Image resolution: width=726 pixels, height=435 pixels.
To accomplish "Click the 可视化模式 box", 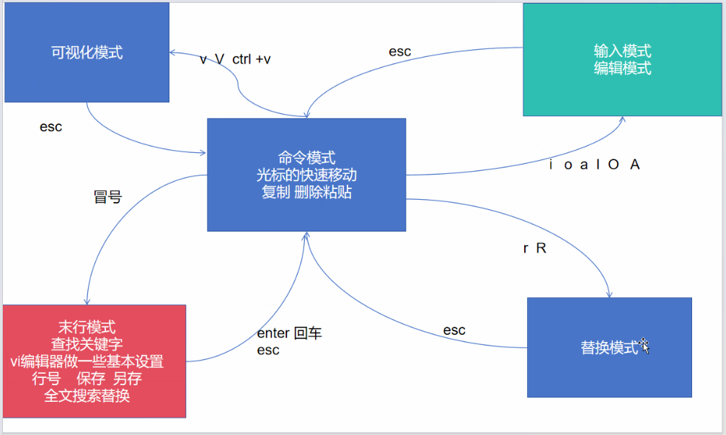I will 87,53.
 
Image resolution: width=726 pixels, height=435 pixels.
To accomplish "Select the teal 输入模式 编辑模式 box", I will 622,59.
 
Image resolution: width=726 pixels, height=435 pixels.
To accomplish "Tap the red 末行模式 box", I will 94,361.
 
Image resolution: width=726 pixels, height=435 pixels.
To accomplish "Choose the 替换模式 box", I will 609,348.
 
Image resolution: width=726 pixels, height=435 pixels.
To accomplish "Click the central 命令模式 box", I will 306,175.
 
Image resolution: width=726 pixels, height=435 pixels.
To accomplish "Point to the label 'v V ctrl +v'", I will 235,59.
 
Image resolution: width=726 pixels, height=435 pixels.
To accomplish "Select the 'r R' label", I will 535,248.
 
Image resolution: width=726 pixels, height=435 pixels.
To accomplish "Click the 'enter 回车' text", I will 289,334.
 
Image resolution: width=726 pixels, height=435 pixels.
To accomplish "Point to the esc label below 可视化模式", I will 50,127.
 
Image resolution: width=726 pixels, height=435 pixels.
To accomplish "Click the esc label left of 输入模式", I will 399,51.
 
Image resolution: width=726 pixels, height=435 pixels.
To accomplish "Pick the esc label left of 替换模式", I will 454,330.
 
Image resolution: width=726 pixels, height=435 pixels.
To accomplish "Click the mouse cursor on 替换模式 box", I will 645,346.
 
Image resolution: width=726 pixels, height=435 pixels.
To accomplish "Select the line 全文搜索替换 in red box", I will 87,396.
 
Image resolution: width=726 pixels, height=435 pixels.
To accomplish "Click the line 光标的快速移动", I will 306,175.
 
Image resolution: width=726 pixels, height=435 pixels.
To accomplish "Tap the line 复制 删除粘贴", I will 306,192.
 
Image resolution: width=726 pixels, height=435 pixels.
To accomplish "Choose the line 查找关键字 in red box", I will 87,345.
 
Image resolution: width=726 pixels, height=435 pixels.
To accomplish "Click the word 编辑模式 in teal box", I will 622,69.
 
